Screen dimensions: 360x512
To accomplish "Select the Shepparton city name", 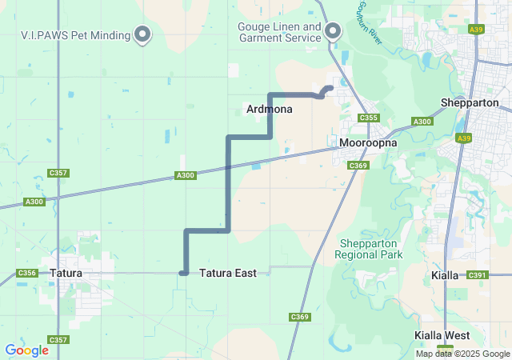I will (470, 103).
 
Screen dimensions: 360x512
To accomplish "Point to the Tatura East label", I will (228, 274).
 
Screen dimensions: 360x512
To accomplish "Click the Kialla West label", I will (442, 335).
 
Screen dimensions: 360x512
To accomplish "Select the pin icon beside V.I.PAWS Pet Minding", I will (143, 34).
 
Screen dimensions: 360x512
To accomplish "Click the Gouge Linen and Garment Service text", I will (279, 33).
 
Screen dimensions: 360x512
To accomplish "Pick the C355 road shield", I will (369, 118).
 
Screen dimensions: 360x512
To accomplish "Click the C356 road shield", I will (26, 274).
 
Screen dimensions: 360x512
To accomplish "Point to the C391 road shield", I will (478, 275).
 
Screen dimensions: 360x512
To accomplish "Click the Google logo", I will (26, 350).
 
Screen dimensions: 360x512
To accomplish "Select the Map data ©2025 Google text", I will (462, 354).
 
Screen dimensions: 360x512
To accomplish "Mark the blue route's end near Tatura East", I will (183, 274).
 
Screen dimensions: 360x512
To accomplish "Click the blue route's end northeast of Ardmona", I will (330, 88).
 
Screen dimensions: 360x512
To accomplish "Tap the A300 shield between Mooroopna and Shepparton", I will (422, 122).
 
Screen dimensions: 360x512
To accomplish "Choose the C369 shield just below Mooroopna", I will (358, 166).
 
